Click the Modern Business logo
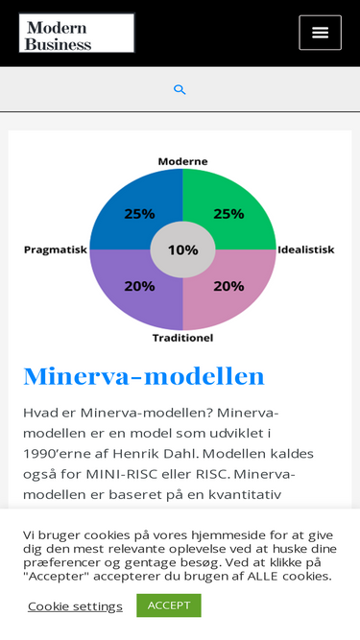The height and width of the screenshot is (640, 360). [x=77, y=33]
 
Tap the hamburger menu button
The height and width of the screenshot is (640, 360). [x=320, y=33]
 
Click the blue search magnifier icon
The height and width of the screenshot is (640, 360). [x=180, y=90]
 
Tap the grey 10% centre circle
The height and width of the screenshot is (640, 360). [x=182, y=249]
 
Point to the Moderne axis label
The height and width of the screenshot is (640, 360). [x=182, y=161]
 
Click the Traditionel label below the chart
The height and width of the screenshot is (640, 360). [x=182, y=338]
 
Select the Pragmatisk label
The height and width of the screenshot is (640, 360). [x=56, y=249]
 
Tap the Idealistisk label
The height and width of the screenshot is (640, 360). [x=306, y=249]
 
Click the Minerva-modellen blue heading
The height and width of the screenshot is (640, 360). [x=144, y=377]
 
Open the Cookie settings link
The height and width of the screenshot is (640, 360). [x=75, y=606]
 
